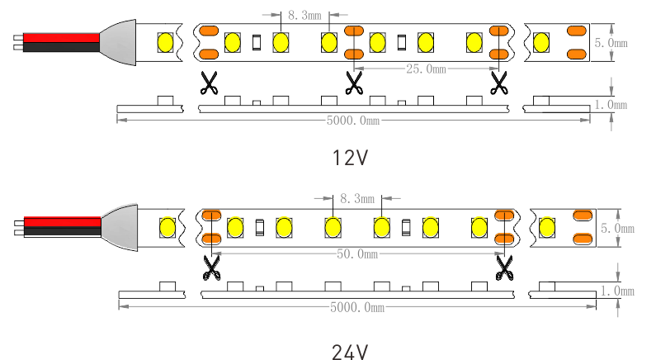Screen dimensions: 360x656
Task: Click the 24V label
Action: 349,352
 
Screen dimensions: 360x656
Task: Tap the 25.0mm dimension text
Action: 426,69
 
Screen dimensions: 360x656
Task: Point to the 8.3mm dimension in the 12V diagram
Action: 304,15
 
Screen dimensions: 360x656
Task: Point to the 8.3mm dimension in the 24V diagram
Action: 357,198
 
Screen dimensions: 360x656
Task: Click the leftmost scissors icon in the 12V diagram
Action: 210,83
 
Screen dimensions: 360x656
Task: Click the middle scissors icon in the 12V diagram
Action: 354,83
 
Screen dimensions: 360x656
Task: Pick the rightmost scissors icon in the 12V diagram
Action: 498,83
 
